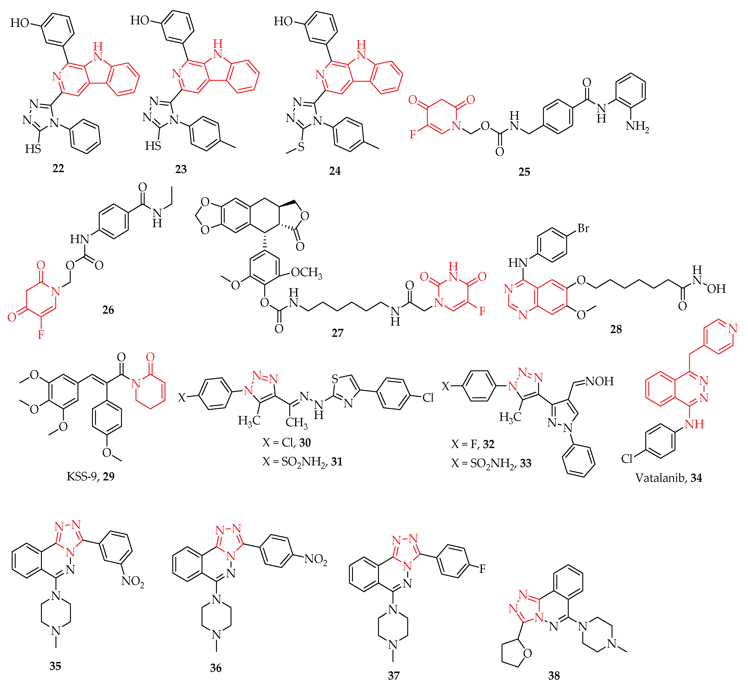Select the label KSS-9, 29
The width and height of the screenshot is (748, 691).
90,476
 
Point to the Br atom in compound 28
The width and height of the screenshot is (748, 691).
583,228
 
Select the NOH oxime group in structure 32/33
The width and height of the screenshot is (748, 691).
600,381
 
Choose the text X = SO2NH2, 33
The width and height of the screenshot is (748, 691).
491,464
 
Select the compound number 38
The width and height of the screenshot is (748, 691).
554,676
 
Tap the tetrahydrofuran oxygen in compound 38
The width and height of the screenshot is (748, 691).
527,654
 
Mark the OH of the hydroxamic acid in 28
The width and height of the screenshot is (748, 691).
716,289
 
